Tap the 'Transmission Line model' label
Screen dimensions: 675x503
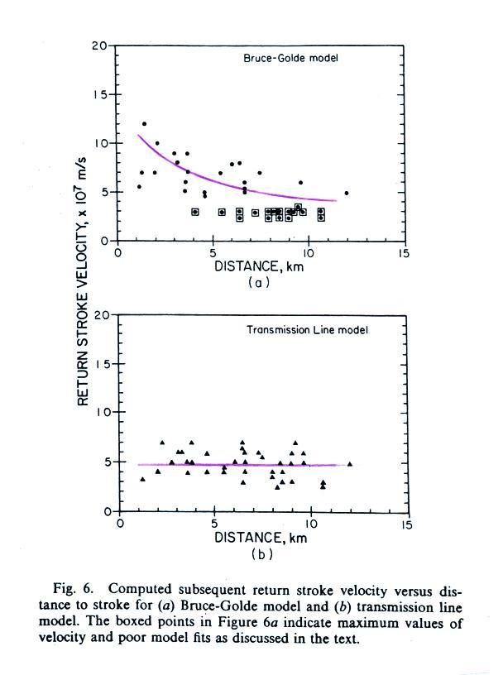[x=308, y=329]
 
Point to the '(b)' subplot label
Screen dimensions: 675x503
[x=260, y=553]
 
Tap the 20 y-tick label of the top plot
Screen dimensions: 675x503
[x=99, y=45]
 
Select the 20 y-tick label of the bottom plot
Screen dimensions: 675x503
[x=102, y=315]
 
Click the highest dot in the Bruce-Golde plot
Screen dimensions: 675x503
[x=144, y=124]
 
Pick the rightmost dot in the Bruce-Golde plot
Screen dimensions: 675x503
[x=347, y=193]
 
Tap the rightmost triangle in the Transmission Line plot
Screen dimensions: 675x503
[x=350, y=464]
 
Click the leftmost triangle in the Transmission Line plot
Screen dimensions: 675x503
[x=142, y=479]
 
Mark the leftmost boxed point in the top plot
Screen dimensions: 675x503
[x=195, y=212]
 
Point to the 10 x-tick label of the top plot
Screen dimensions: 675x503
[x=309, y=254]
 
